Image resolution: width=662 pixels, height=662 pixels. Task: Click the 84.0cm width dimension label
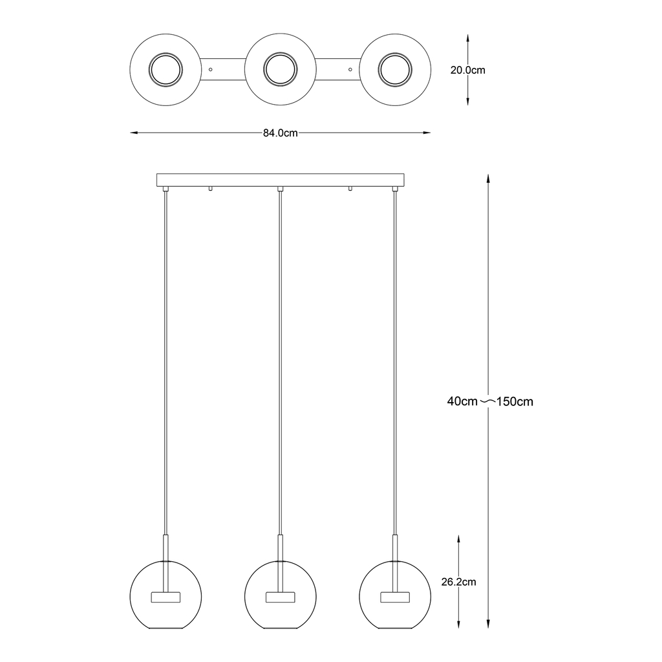(280, 133)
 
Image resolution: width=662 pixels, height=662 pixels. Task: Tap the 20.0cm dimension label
(467, 70)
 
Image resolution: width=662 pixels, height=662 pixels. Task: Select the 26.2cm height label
(458, 582)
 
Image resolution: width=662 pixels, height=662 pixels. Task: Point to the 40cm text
(462, 401)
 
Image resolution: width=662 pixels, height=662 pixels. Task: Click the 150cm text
(515, 401)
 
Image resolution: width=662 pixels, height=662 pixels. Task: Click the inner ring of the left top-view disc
(166, 69)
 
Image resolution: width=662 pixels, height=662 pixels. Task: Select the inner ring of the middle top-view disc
(281, 69)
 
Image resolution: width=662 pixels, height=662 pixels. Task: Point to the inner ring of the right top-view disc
(394, 69)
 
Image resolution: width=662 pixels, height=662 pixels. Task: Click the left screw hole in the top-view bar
(211, 69)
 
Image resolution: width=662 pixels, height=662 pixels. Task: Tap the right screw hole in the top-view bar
(350, 69)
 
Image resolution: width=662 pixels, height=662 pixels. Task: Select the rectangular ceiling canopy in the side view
(280, 179)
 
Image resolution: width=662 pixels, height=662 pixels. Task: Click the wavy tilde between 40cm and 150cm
(489, 401)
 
